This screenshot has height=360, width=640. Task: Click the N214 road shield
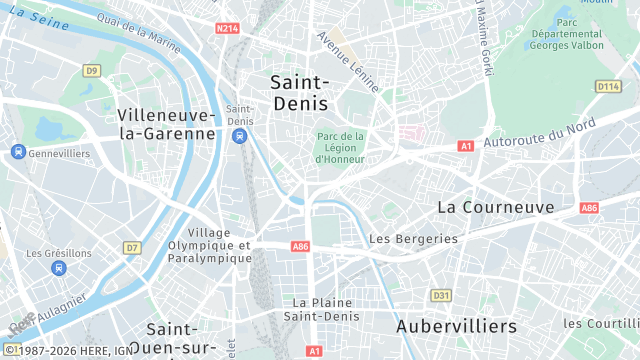tap(228, 29)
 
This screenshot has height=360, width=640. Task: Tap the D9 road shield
tap(92, 70)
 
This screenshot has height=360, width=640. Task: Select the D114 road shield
tap(609, 87)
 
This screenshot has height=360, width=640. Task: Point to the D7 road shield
tap(132, 247)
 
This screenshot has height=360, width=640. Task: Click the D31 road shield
tap(441, 295)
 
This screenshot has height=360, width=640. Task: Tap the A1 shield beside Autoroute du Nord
tap(465, 146)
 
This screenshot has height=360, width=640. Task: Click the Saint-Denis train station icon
tap(239, 135)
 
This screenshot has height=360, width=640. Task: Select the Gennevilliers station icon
tap(18, 152)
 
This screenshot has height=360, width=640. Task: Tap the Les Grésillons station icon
tap(59, 268)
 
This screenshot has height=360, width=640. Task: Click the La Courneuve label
tap(495, 207)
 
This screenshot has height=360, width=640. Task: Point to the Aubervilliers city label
tap(456, 326)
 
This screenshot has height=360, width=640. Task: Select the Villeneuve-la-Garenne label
tap(166, 123)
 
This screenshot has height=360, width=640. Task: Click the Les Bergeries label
tap(413, 239)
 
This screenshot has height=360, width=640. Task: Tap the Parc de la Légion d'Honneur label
tap(340, 147)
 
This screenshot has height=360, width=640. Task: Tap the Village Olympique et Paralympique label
tap(209, 245)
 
